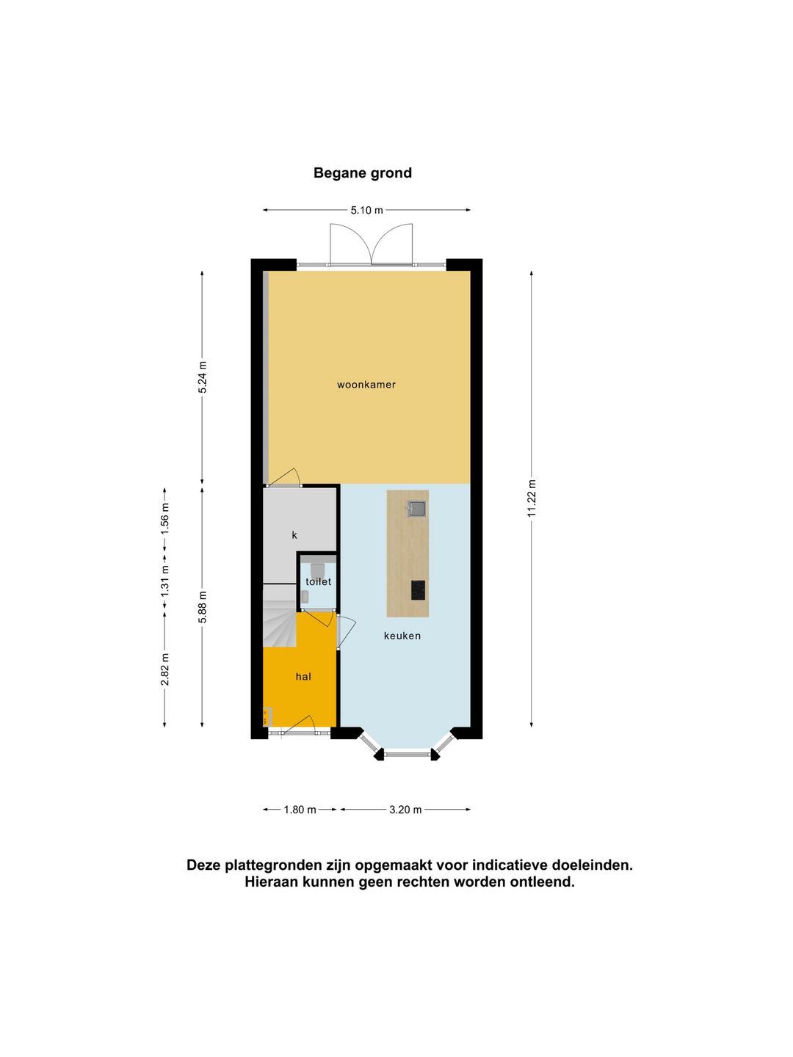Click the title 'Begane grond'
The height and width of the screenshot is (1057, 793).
click(363, 173)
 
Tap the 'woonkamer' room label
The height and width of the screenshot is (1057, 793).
click(366, 385)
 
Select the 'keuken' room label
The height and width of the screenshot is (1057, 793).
click(402, 636)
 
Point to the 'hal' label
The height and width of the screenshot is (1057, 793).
click(303, 677)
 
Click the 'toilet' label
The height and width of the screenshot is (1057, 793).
click(319, 581)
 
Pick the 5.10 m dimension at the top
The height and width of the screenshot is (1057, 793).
click(366, 210)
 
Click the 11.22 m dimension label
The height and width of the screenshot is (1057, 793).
click(532, 498)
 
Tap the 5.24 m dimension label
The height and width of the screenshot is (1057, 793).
click(203, 377)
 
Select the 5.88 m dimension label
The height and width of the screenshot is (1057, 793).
click(203, 607)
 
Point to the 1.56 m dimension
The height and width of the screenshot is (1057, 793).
click(165, 517)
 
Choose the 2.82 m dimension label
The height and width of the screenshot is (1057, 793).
click(165, 669)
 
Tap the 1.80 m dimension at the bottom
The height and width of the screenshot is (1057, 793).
click(300, 810)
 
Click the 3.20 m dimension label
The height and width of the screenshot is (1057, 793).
click(405, 810)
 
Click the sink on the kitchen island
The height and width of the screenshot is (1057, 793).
click(417, 508)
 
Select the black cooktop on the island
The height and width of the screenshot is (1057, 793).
click(418, 589)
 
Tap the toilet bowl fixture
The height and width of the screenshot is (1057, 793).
click(318, 569)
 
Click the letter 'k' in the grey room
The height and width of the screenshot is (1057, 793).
click(294, 535)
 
